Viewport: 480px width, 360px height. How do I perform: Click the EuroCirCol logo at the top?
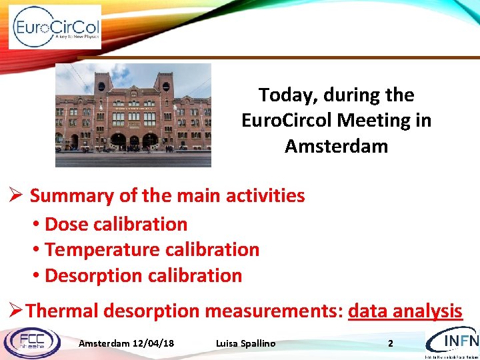pos(55,27)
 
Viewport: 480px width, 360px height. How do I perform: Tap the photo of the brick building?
pos(133,115)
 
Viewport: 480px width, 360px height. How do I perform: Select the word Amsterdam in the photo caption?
pos(336,146)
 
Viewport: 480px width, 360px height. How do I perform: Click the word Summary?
pos(71,196)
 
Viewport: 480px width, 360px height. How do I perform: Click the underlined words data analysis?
pos(405,311)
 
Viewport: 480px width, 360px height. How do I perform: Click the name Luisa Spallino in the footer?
pos(245,343)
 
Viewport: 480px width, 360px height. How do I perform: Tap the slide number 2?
pos(391,343)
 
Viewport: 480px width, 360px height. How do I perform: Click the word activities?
pos(265,196)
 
